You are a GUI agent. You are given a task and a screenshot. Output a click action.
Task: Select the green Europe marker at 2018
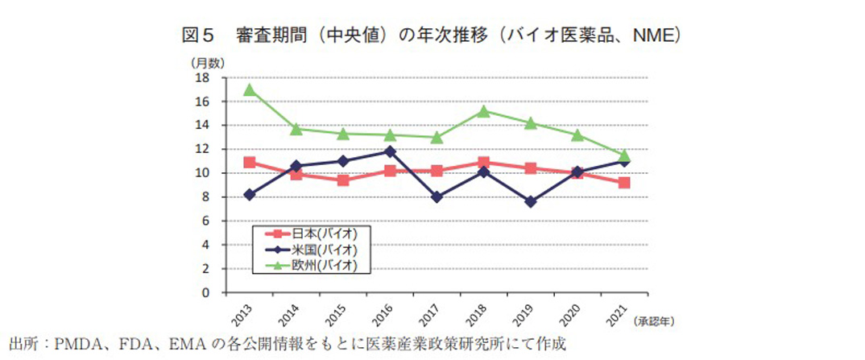[x=483, y=111]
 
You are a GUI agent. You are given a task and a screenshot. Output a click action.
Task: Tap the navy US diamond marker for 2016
[x=391, y=151]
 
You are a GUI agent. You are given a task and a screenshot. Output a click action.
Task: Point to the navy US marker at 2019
[x=529, y=201]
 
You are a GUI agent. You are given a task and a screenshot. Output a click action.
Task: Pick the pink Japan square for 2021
[x=623, y=183]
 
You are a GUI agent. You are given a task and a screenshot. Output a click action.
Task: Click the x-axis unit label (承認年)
[x=656, y=321]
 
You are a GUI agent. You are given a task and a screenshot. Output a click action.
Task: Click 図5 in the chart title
[x=197, y=36]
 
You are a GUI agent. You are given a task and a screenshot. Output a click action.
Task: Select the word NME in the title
[x=654, y=36]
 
